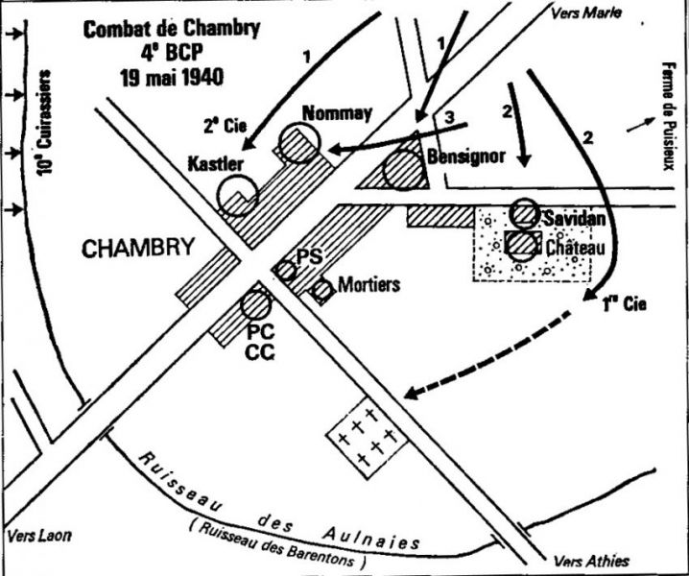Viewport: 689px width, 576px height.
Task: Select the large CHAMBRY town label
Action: (138, 249)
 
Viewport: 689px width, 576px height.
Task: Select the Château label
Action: (573, 249)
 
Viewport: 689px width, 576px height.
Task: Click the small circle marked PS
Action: (286, 271)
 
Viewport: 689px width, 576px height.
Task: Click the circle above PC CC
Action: (256, 304)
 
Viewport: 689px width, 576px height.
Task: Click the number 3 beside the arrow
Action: (450, 116)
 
